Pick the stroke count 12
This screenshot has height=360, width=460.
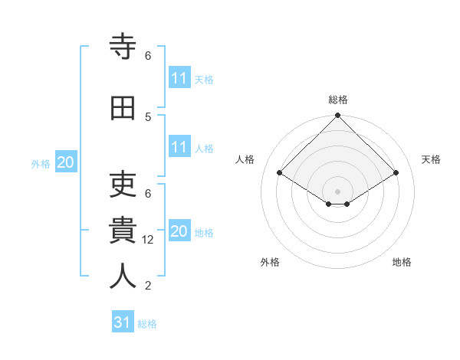[149, 240]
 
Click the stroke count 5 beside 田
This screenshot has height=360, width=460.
[148, 116]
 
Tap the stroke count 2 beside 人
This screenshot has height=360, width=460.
[148, 286]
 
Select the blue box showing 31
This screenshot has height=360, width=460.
[123, 322]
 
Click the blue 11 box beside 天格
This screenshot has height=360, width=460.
[179, 78]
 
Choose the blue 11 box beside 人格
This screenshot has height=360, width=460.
[179, 147]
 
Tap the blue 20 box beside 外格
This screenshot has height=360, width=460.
[66, 162]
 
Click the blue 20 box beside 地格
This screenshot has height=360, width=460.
[179, 231]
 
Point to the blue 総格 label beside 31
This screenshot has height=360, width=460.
[147, 324]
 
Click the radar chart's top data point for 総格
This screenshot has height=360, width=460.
[337, 116]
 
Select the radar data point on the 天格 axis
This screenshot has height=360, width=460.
[396, 174]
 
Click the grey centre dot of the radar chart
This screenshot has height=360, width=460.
[337, 190]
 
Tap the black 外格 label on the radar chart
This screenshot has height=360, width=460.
[270, 262]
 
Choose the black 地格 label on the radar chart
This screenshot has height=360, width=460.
[402, 262]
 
